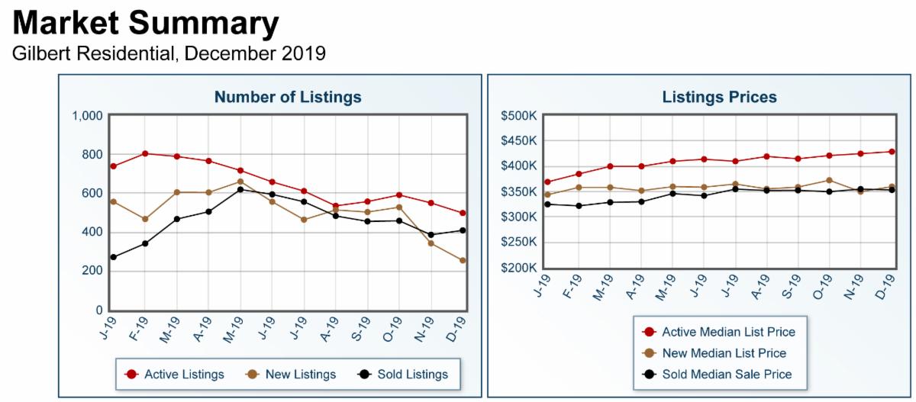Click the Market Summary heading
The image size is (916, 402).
pyautogui.click(x=145, y=24)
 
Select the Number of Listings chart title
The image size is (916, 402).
pyautogui.click(x=288, y=97)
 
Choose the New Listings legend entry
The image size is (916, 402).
pyautogui.click(x=292, y=375)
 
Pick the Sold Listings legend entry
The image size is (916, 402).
pyautogui.click(x=402, y=375)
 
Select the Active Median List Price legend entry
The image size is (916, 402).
pyautogui.click(x=719, y=332)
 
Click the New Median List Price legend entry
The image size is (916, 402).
pyautogui.click(x=714, y=353)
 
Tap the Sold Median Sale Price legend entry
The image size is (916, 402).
pyautogui.click(x=718, y=375)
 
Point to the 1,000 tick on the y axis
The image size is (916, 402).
pyautogui.click(x=87, y=117)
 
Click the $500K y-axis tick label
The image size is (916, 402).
pyautogui.click(x=519, y=116)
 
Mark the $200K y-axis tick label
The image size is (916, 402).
pyautogui.click(x=519, y=268)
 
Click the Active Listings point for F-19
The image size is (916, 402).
pyautogui.click(x=145, y=153)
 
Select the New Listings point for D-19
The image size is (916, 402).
pyautogui.click(x=463, y=261)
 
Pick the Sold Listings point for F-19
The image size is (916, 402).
pyautogui.click(x=145, y=243)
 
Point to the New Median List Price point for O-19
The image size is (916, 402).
pyautogui.click(x=829, y=181)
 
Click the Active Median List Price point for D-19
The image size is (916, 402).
pyautogui.click(x=892, y=152)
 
